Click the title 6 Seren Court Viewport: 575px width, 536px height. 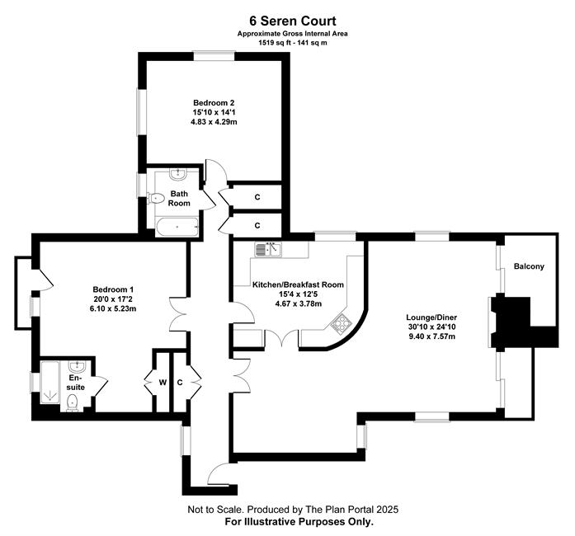point(293,21)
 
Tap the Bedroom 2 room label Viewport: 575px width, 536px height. point(214,102)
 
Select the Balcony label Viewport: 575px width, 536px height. point(529,266)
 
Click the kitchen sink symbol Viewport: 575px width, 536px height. point(268,249)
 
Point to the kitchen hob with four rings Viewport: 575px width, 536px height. point(341,322)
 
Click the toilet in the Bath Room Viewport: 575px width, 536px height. point(155,199)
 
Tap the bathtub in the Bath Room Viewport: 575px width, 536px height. point(177,227)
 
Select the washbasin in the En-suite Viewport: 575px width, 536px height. point(77,366)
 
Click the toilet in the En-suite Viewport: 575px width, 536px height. point(73,402)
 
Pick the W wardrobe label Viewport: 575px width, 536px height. point(163,383)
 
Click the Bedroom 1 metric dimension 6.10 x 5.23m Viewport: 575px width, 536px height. point(113,308)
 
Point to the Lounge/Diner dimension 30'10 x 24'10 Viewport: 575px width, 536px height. point(431,327)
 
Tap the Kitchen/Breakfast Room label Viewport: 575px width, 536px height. point(298,284)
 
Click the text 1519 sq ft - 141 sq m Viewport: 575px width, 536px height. point(293,43)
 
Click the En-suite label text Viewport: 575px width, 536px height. point(76,383)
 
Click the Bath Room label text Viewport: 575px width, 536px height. point(179,199)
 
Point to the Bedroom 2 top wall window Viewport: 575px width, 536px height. point(214,56)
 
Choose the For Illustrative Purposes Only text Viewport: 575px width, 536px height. point(299,521)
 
